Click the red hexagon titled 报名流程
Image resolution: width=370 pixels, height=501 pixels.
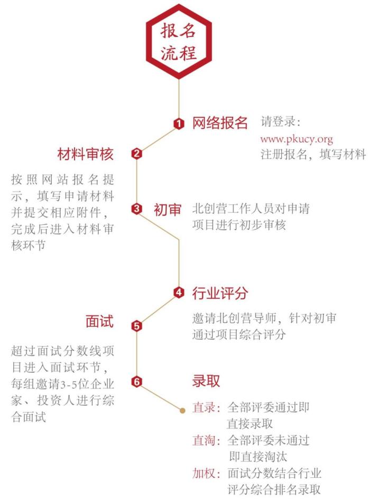[179, 42]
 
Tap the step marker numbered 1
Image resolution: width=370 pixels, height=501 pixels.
[179, 124]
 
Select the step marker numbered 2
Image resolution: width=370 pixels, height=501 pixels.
[136, 154]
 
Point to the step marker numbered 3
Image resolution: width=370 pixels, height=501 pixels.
[136, 209]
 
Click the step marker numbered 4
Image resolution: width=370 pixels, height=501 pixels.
[179, 292]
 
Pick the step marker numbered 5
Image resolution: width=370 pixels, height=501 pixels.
[136, 326]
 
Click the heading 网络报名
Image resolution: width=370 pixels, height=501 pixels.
[219, 123]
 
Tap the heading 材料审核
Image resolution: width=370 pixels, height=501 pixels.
[86, 154]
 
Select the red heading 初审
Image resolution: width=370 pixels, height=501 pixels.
[168, 209]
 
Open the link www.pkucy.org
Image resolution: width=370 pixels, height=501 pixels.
[297, 139]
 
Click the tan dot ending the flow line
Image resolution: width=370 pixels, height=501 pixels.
[182, 409]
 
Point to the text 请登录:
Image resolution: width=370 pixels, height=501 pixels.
[280, 122]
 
